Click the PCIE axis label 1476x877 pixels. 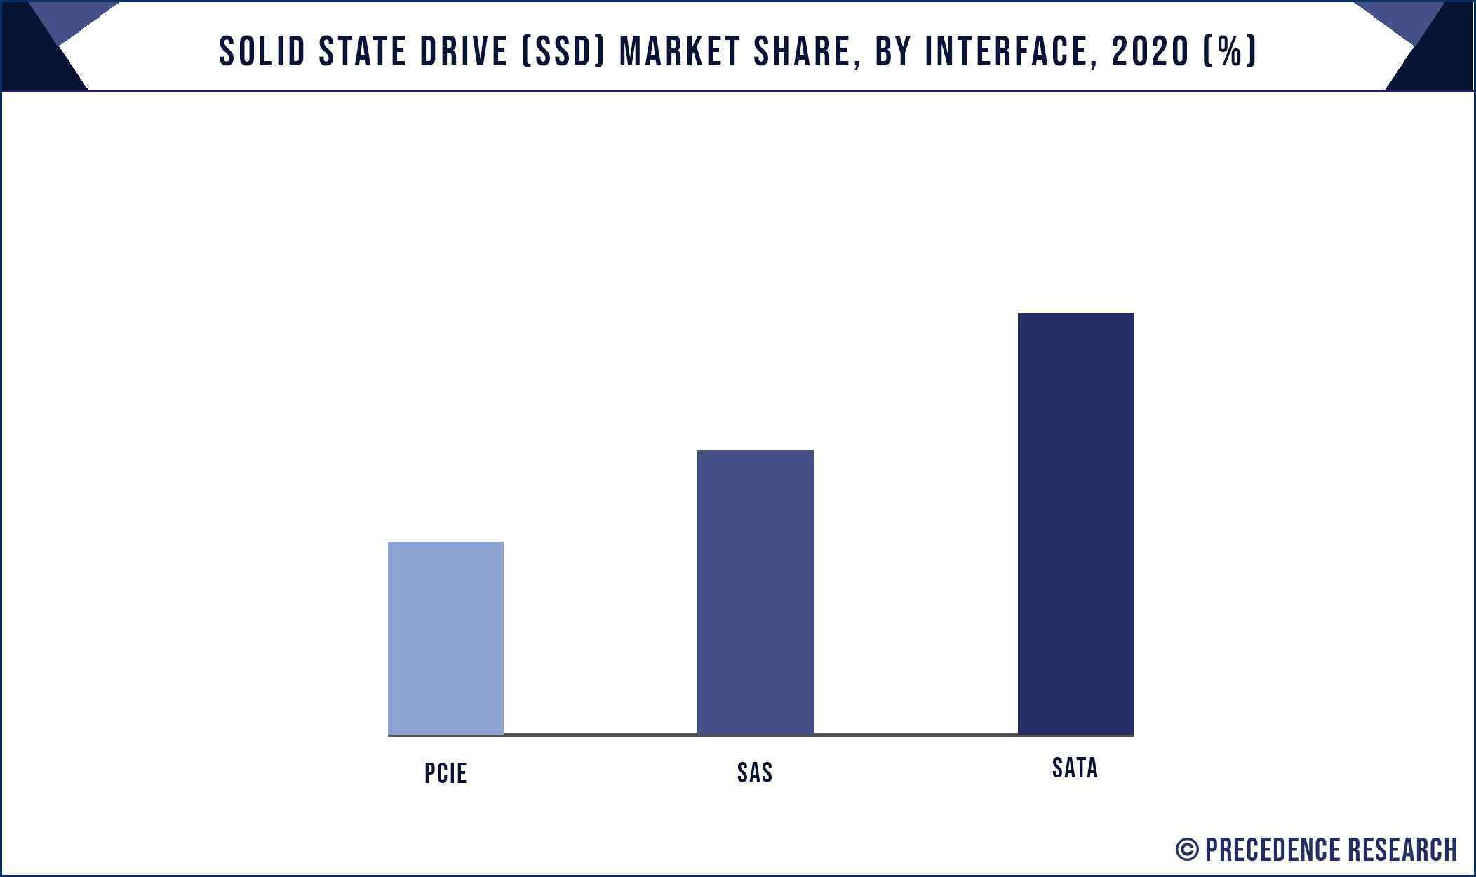click(445, 773)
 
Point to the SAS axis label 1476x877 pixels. click(755, 772)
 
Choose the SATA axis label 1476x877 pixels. click(1075, 768)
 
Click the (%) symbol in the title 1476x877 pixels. click(1230, 51)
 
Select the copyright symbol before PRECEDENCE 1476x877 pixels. click(1186, 850)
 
